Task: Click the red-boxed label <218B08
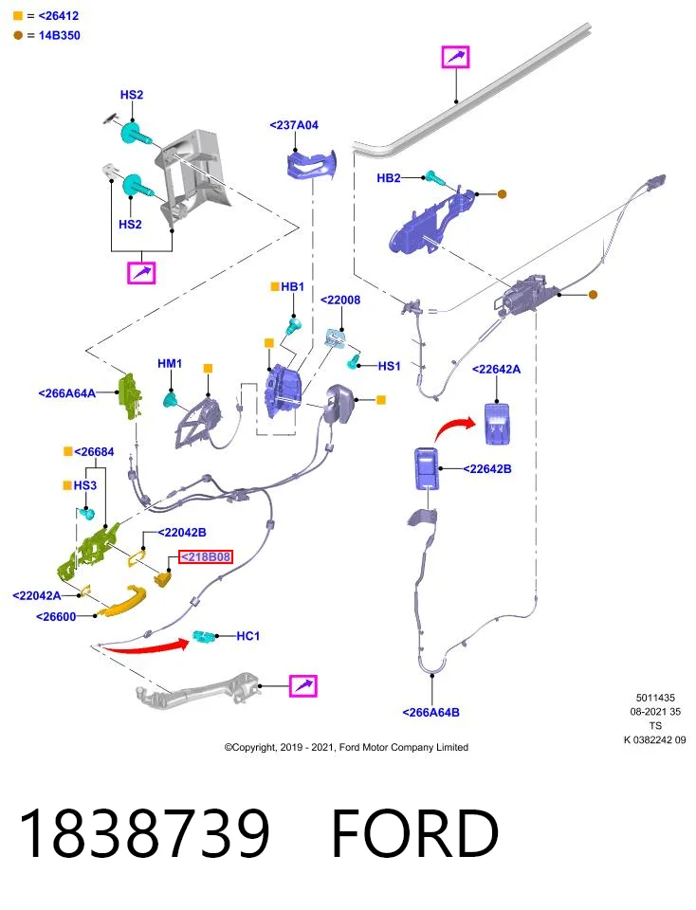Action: click(206, 557)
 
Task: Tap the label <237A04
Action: click(294, 125)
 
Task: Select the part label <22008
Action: click(340, 300)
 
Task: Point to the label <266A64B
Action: click(430, 712)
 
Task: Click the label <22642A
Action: click(496, 369)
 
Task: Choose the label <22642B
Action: click(487, 469)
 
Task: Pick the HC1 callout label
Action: click(247, 636)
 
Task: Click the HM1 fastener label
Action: click(170, 363)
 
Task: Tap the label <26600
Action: click(56, 616)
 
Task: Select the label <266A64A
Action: click(66, 393)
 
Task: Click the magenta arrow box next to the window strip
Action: click(456, 57)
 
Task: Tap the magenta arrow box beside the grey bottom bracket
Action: click(303, 686)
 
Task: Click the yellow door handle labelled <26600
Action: click(121, 601)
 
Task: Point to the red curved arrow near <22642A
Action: click(454, 428)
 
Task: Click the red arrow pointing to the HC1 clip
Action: click(146, 646)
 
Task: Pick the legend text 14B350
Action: click(59, 35)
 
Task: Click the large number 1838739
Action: click(144, 833)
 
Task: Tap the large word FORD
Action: click(414, 833)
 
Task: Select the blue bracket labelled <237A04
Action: click(312, 164)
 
